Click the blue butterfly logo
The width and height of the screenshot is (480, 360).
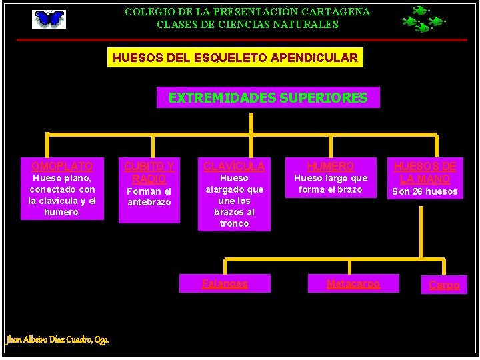click(x=49, y=19)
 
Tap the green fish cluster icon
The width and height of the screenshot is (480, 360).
click(x=423, y=19)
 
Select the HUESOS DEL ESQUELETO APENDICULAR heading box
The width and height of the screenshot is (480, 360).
click(x=235, y=58)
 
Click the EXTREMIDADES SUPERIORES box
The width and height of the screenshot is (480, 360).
click(x=267, y=98)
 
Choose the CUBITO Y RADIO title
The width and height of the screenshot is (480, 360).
click(x=149, y=173)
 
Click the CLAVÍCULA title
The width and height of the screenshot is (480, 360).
click(x=234, y=166)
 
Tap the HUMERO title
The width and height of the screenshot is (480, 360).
click(x=331, y=166)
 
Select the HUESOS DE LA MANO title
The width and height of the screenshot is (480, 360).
click(x=425, y=173)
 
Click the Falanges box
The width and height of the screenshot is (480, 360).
click(x=225, y=284)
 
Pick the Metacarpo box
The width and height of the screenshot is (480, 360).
click(x=353, y=283)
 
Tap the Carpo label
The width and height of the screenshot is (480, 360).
click(x=444, y=285)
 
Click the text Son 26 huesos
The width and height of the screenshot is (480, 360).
click(x=425, y=192)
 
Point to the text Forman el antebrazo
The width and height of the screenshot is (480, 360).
click(x=149, y=197)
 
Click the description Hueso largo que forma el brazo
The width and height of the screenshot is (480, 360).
click(x=331, y=184)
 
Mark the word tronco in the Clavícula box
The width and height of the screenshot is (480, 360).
click(x=234, y=223)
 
